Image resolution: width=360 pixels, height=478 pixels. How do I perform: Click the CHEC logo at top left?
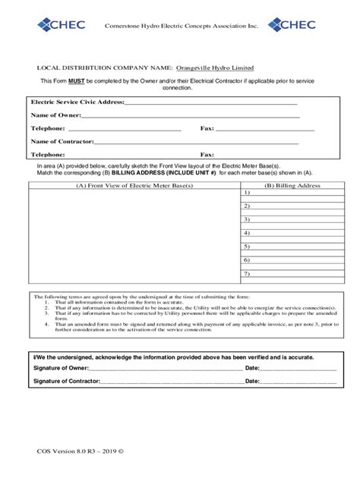point(62,25)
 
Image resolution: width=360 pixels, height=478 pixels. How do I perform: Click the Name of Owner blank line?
point(190,116)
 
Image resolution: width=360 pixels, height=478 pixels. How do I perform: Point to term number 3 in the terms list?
point(182,314)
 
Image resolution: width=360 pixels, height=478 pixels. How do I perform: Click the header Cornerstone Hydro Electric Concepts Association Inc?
point(181,26)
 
